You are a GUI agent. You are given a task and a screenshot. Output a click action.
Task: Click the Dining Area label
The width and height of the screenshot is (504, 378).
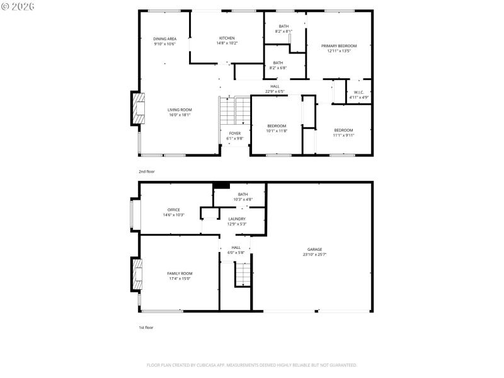coord(164,39)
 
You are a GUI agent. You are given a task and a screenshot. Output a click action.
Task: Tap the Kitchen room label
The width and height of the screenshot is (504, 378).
coord(227,38)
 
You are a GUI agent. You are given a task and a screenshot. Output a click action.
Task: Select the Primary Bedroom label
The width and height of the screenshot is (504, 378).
coord(338,46)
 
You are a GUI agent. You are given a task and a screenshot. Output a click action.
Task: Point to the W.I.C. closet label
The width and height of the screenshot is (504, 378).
coord(359,92)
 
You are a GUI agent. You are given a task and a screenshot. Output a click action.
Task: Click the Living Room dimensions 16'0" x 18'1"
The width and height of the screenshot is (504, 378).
coord(180,115)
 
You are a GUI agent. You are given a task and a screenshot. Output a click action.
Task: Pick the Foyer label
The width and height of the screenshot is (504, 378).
coord(234,134)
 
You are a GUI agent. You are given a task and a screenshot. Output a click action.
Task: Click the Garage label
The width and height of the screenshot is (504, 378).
coord(314,249)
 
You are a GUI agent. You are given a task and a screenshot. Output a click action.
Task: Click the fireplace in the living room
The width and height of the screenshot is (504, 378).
coord(137,110)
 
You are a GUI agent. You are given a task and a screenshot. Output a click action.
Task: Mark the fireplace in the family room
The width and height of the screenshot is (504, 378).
coord(137,274)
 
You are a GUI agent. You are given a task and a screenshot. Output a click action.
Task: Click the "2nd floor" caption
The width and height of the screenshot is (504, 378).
coord(146,171)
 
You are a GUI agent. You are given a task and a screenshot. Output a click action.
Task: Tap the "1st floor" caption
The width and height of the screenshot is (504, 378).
coord(146,328)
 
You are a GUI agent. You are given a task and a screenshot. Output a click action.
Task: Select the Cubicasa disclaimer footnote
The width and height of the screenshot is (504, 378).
coord(252,365)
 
